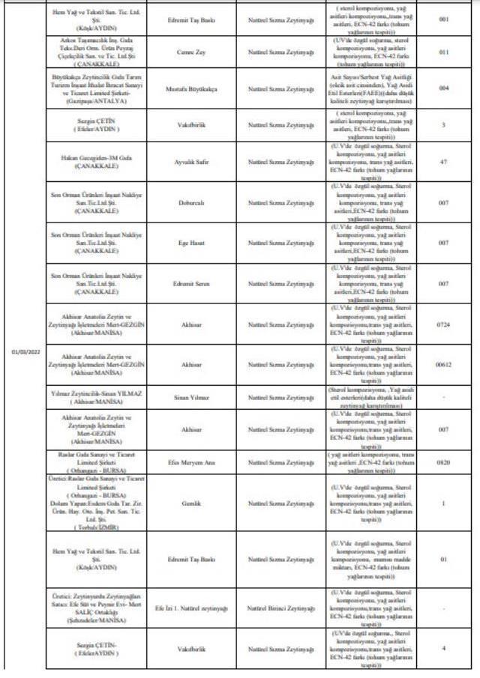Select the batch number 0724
click(x=443, y=324)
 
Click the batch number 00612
click(x=443, y=364)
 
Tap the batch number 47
click(x=443, y=161)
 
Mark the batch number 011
click(x=443, y=53)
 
